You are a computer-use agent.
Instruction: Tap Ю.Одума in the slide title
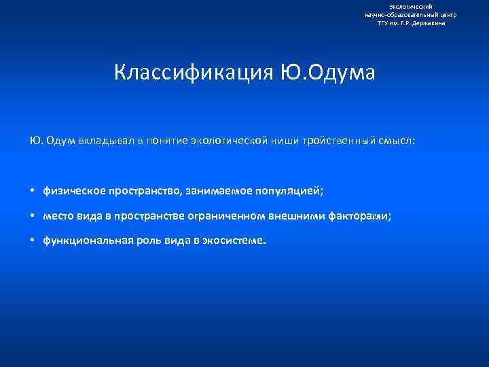pyautogui.click(x=327, y=72)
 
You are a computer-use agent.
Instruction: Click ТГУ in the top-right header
pyautogui.click(x=384, y=23)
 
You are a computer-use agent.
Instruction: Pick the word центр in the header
pyautogui.click(x=447, y=14)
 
